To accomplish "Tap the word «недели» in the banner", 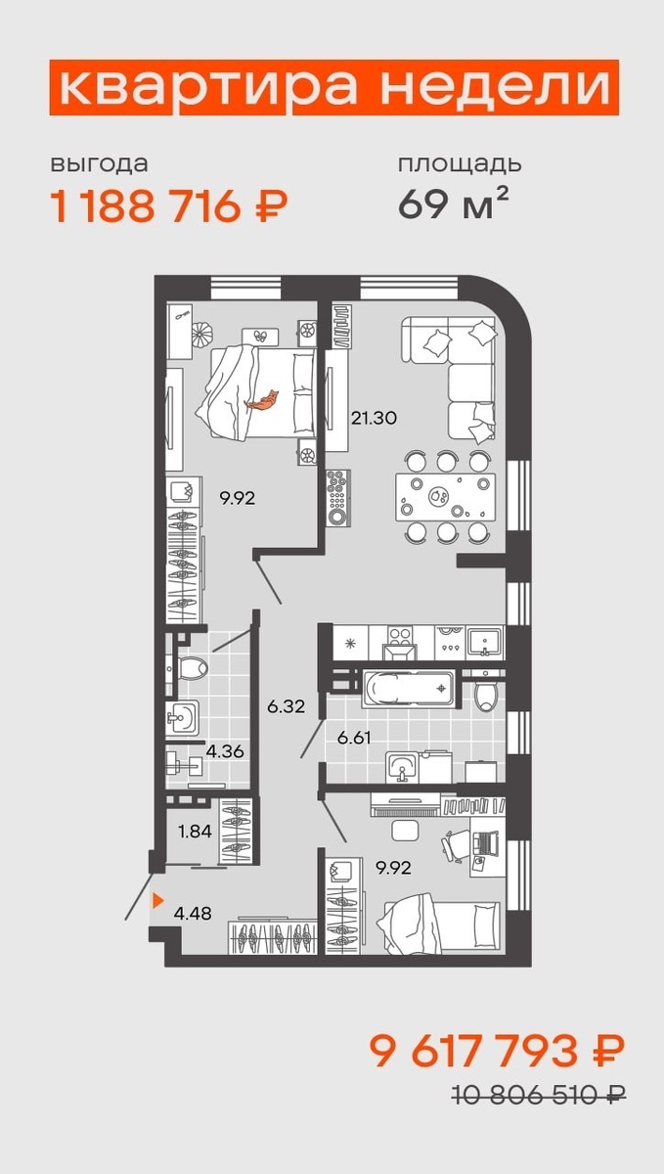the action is pyautogui.click(x=496, y=88).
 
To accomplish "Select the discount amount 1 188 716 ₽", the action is pyautogui.click(x=169, y=206).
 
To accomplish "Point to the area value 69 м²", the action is pyautogui.click(x=453, y=203).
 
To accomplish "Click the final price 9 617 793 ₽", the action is pyautogui.click(x=498, y=1052).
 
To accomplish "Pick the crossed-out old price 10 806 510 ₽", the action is pyautogui.click(x=539, y=1095).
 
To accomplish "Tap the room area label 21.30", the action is pyautogui.click(x=374, y=419).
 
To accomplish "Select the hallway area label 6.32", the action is pyautogui.click(x=286, y=706).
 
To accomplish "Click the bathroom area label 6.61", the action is pyautogui.click(x=354, y=738).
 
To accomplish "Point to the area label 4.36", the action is pyautogui.click(x=225, y=751).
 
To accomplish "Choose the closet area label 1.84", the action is pyautogui.click(x=195, y=832).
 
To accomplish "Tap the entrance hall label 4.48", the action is pyautogui.click(x=193, y=914).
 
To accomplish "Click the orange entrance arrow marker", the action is pyautogui.click(x=157, y=900).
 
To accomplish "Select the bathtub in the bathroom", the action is pyautogui.click(x=410, y=689).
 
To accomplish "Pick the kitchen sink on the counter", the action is pyautogui.click(x=485, y=643).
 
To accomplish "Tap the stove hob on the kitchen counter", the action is pyautogui.click(x=400, y=636).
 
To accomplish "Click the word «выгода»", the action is pyautogui.click(x=99, y=164).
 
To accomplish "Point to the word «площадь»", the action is pyautogui.click(x=460, y=164).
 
